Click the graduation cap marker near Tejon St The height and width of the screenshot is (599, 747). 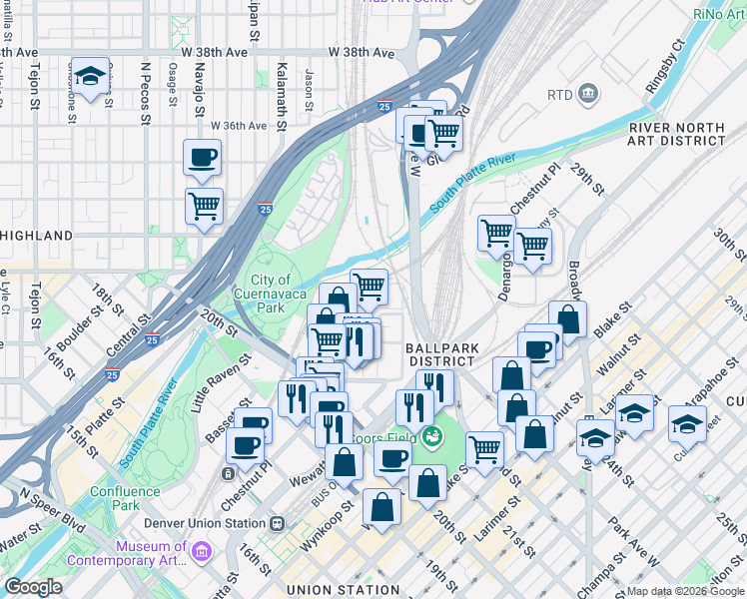(91, 78)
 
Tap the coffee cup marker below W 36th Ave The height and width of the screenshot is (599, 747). (203, 158)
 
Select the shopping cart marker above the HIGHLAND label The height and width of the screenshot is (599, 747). (204, 207)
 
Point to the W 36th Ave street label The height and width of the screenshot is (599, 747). (239, 126)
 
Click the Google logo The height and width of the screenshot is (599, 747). (33, 587)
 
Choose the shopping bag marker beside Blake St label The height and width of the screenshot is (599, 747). (567, 319)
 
